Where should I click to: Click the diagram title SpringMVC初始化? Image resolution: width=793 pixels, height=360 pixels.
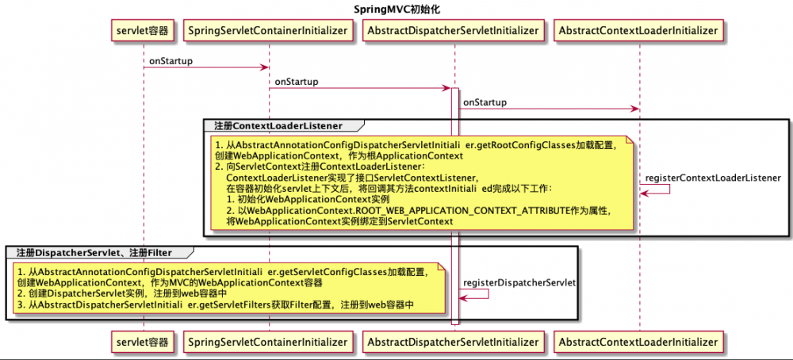396,9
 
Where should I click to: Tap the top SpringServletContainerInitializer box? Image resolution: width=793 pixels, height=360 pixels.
269,31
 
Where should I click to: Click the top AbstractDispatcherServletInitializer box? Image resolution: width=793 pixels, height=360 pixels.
454,31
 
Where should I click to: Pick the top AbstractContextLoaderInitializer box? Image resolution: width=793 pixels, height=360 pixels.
638,31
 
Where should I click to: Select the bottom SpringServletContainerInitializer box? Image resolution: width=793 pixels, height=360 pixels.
269,342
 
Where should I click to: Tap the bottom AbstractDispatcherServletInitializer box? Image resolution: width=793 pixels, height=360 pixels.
454,342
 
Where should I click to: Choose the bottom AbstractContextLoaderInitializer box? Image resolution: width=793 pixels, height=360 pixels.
638,342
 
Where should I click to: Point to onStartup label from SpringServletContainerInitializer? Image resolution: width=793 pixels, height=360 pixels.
297,82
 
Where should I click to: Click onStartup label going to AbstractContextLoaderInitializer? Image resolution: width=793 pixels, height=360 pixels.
485,102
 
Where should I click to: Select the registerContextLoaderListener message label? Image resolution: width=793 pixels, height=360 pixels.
714,178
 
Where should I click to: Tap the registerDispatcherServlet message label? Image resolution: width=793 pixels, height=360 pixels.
519,282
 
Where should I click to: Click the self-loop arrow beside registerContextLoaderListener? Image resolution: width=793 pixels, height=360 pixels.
655,189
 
